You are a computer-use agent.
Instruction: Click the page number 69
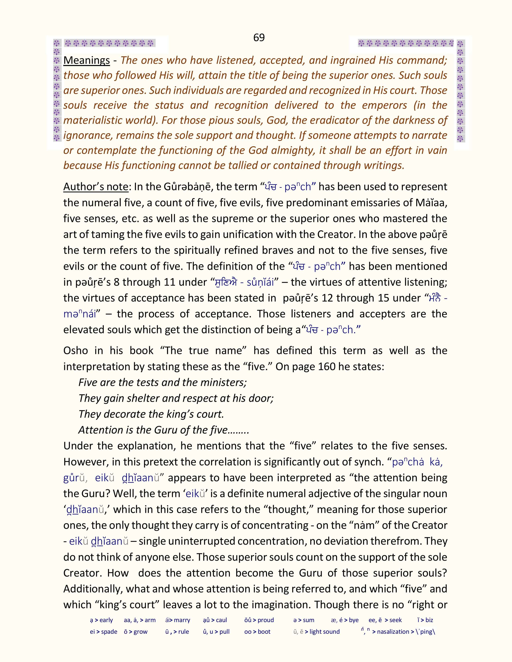(x=259, y=38)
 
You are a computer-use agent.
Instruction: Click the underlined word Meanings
(x=87, y=60)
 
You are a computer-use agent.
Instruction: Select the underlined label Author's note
(x=96, y=187)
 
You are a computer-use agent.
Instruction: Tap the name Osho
(x=75, y=351)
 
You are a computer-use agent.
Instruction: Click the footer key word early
(x=106, y=620)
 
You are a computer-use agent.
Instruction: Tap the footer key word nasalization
(x=393, y=632)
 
